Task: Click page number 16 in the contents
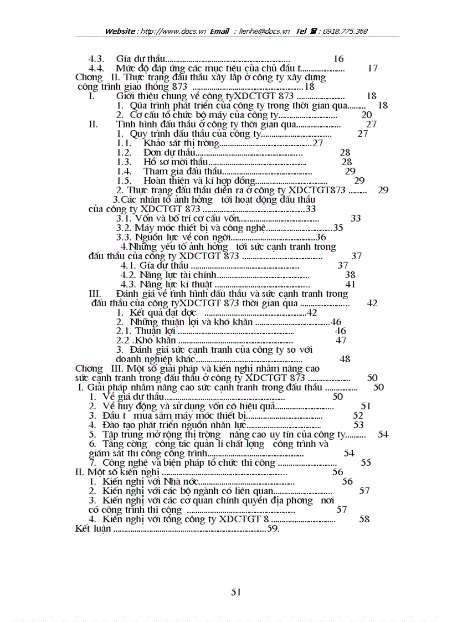click(338, 59)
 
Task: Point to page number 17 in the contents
click(373, 68)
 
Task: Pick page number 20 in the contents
click(367, 115)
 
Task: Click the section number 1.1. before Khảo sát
click(124, 143)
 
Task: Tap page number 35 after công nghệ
click(338, 228)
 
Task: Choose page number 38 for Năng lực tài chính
click(350, 275)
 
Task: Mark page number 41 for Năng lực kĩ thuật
click(350, 284)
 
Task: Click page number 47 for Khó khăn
click(341, 340)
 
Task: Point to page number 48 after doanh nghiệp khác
click(345, 359)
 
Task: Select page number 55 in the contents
click(366, 462)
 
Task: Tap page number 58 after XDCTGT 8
click(364, 519)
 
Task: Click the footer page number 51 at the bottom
click(236, 592)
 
